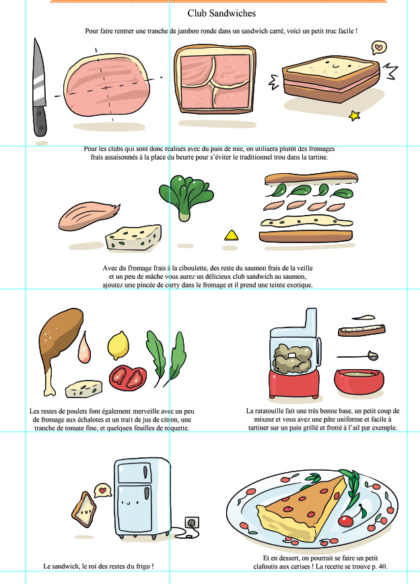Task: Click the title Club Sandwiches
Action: (221, 13)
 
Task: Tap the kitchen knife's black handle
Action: (40, 121)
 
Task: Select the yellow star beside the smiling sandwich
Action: (354, 115)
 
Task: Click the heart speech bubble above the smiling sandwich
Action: (379, 48)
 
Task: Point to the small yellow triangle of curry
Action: (232, 235)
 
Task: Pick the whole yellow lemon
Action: (118, 346)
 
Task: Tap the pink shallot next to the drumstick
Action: (84, 348)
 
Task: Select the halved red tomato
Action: (128, 378)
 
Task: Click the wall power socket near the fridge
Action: (192, 523)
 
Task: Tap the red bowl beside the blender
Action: (359, 381)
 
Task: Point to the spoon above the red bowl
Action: (358, 356)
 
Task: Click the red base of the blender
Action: (294, 385)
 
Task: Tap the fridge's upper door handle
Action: (145, 472)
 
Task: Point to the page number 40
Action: (382, 566)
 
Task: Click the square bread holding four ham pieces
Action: (215, 79)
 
